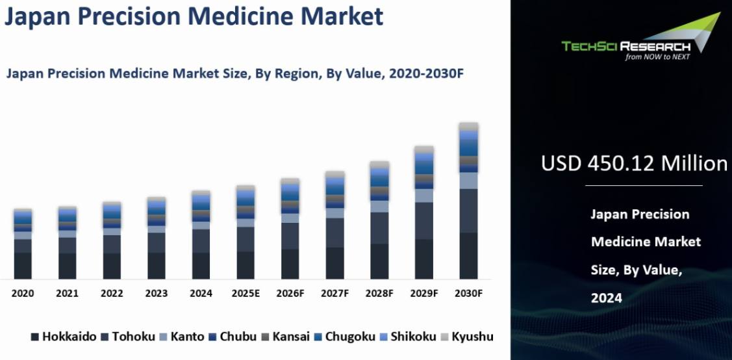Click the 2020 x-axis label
point(23,293)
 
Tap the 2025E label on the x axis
point(246,293)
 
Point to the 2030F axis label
point(468,293)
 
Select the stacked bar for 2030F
point(468,201)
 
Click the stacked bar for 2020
point(23,244)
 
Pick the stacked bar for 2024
point(201,235)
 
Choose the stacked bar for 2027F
point(334,225)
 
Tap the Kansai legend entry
point(285,337)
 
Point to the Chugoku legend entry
point(344,337)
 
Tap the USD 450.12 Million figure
point(634,163)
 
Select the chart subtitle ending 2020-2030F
point(234,73)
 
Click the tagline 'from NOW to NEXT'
point(657,57)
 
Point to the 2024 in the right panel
point(606,298)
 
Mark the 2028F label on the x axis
point(379,293)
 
